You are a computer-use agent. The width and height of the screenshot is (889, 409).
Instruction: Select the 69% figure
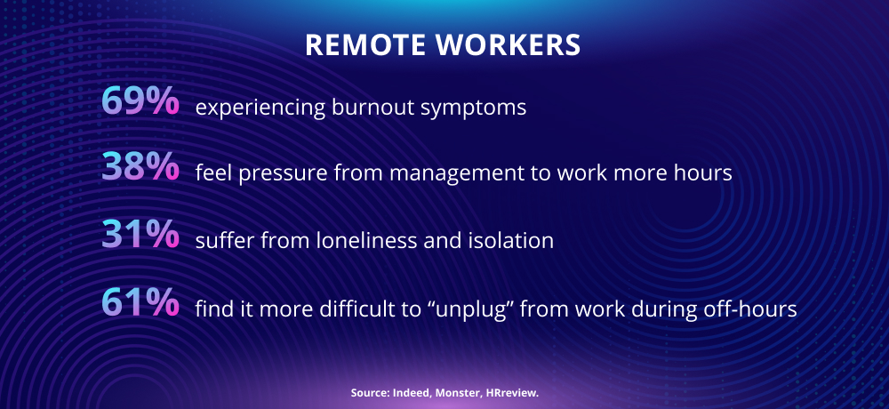coord(140,101)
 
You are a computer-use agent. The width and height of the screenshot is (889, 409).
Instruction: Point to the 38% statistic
coord(140,167)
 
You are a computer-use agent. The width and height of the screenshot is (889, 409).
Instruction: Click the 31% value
coord(140,235)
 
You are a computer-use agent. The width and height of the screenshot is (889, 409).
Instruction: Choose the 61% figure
coord(140,302)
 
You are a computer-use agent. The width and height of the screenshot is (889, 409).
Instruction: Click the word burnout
coord(372,107)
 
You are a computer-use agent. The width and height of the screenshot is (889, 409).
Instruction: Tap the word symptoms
coord(474,108)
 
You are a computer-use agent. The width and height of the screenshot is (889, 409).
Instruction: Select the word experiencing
coord(260,108)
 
